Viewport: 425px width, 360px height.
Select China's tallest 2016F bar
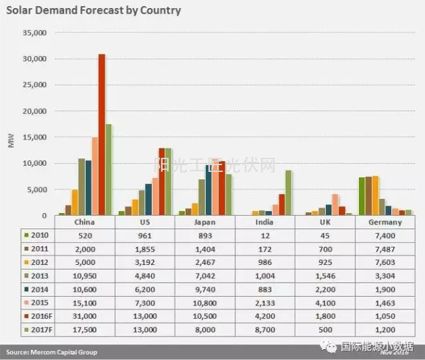click(x=102, y=135)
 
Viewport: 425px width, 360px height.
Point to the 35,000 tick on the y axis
click(x=34, y=32)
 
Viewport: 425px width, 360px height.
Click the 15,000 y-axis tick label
click(x=34, y=138)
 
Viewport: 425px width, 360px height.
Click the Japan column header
click(x=204, y=222)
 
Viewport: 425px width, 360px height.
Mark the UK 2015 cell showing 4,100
click(x=324, y=302)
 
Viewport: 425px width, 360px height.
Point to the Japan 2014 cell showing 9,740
click(x=204, y=289)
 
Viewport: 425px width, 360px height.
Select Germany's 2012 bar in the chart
click(x=375, y=196)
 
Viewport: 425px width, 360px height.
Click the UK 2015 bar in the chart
click(x=335, y=204)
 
